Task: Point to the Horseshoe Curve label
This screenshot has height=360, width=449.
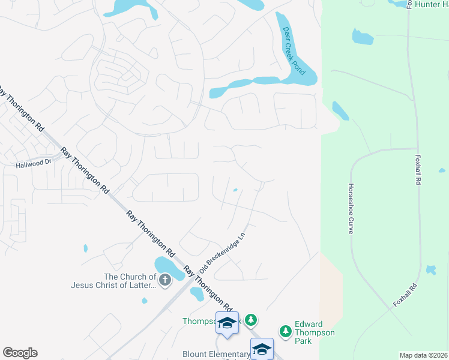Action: [351, 209]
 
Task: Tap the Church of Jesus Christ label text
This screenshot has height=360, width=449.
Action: [130, 281]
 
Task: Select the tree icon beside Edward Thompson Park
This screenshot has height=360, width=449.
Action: [286, 331]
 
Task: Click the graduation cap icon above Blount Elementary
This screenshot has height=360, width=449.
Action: [227, 323]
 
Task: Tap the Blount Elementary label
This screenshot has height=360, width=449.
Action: [216, 355]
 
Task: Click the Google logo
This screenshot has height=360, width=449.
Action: [20, 353]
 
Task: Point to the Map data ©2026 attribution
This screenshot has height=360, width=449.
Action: [423, 355]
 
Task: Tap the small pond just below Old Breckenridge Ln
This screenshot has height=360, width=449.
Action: [196, 293]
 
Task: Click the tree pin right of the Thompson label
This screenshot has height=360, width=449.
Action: [252, 320]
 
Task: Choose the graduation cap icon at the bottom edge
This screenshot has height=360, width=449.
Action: [262, 349]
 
